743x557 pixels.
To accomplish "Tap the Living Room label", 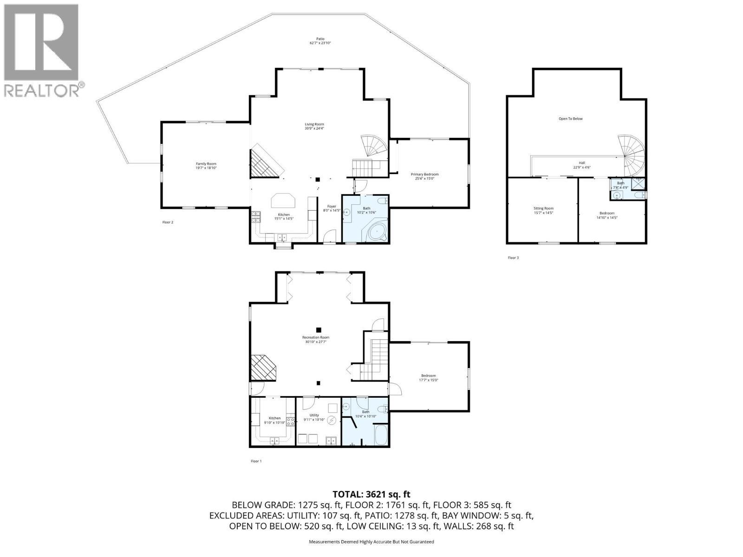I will pyautogui.click(x=314, y=126).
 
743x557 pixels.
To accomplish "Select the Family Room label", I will pyautogui.click(x=206, y=166).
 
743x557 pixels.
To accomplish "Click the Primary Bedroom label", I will pyautogui.click(x=424, y=176).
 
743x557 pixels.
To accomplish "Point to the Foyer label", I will pyautogui.click(x=332, y=208).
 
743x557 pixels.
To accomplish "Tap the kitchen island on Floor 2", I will pyautogui.click(x=283, y=201).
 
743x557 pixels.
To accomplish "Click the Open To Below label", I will pyautogui.click(x=570, y=119).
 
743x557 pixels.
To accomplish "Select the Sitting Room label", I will pyautogui.click(x=543, y=210).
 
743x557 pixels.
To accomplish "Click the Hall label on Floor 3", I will pyautogui.click(x=581, y=165).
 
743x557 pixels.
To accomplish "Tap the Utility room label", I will pyautogui.click(x=314, y=417).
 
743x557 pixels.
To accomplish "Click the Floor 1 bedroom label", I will pyautogui.click(x=428, y=377).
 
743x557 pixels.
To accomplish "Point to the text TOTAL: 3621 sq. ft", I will pyautogui.click(x=371, y=495).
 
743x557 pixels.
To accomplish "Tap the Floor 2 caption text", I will pyautogui.click(x=168, y=222).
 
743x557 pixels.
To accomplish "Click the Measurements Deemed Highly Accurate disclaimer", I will pyautogui.click(x=371, y=542).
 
